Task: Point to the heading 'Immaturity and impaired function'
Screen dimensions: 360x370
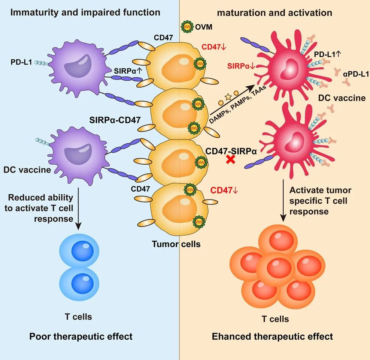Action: (x=85, y=12)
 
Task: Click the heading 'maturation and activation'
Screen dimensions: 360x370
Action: (x=275, y=13)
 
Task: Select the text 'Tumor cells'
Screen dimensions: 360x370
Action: (x=176, y=244)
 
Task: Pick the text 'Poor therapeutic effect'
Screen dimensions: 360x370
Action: (x=81, y=336)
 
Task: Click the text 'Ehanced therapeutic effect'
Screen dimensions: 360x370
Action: (x=272, y=336)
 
